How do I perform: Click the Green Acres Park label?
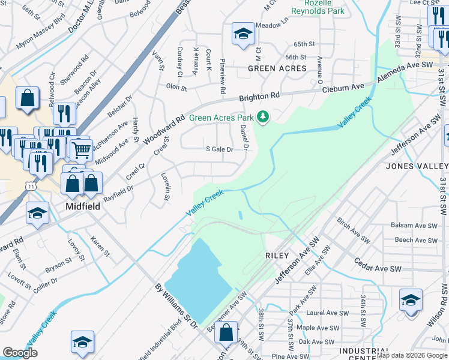(221, 118)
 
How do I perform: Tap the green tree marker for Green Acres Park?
(262, 116)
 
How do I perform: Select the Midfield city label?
(82, 206)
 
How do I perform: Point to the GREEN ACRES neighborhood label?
(277, 68)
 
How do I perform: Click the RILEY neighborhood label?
(277, 256)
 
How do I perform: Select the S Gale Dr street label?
(219, 149)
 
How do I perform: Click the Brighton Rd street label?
(259, 97)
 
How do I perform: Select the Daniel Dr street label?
(244, 138)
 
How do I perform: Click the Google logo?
(20, 353)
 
